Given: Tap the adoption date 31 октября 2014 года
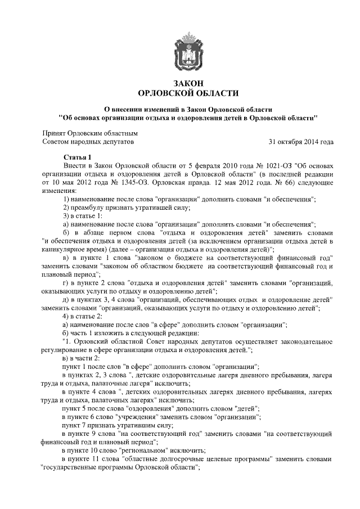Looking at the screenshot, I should [301, 142].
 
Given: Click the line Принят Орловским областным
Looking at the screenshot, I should [90, 134].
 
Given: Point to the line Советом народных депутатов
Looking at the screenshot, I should [89, 142].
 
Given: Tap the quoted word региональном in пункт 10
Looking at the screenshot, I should [145, 451].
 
